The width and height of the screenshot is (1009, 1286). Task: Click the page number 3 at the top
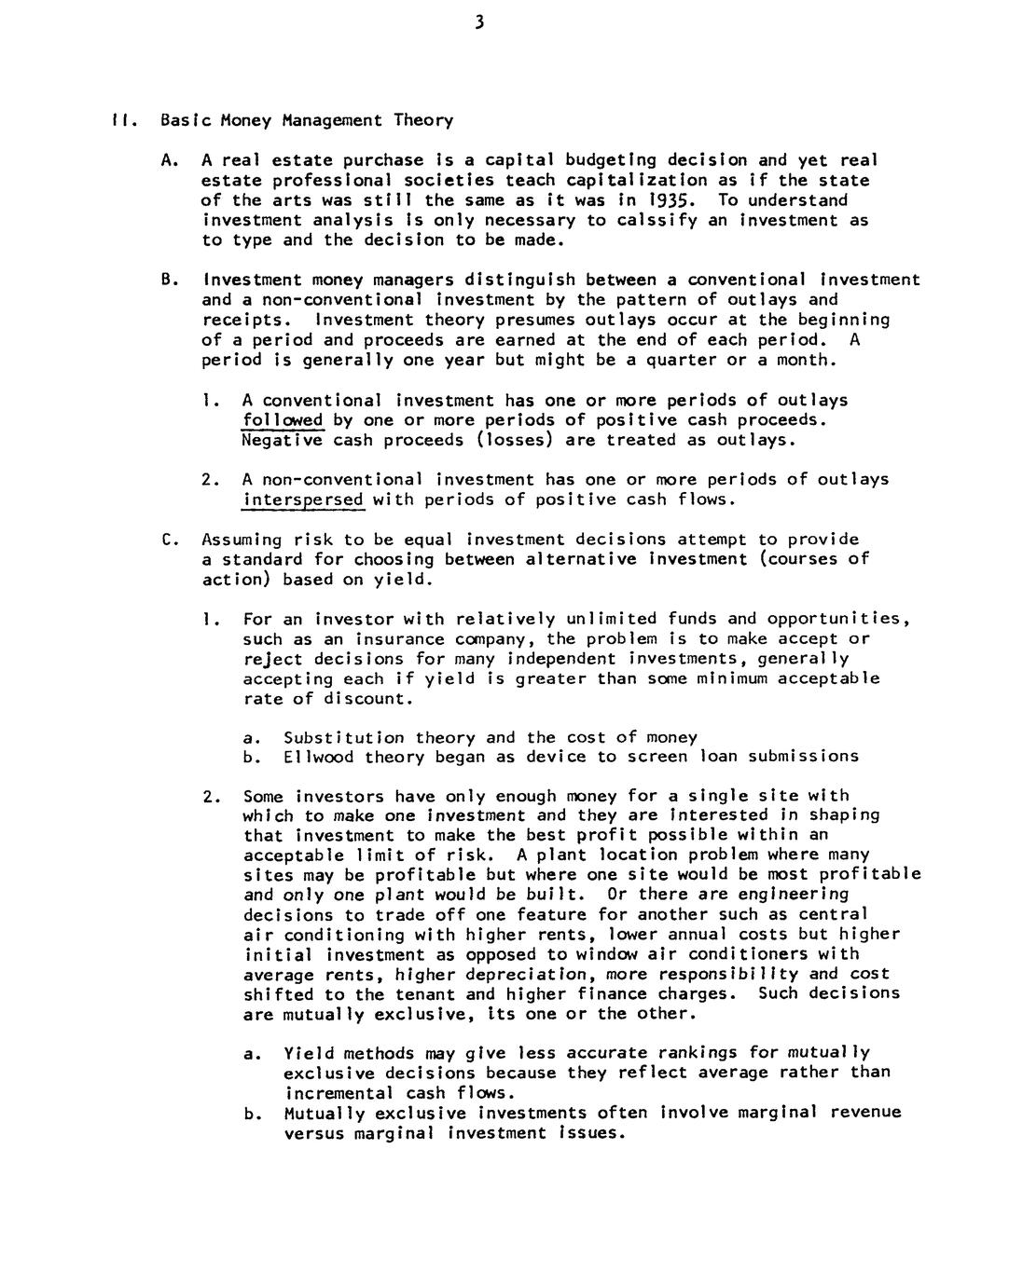coord(477,22)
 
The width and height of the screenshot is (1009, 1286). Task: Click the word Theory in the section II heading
coord(423,120)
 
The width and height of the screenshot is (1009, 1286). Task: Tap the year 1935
coord(674,200)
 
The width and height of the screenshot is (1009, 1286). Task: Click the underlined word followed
coord(283,420)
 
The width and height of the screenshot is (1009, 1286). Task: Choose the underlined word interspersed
coord(302,500)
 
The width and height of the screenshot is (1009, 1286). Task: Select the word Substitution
coord(344,738)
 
